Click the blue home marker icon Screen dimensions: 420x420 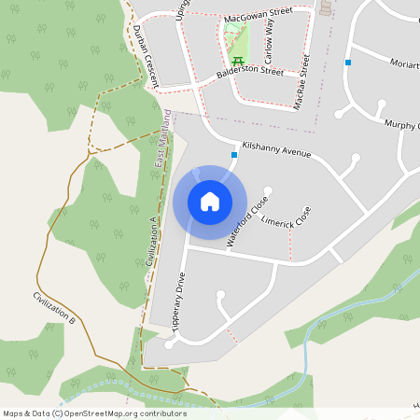point(210,202)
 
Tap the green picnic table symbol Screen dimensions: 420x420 point(237,63)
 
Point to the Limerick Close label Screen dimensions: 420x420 point(287,222)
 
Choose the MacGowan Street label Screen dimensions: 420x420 point(258,15)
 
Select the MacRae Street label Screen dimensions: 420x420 point(301,81)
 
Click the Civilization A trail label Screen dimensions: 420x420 point(149,242)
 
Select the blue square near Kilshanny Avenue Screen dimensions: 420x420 point(233,155)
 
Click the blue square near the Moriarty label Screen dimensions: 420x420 point(347,63)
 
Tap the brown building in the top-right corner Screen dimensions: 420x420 point(326,7)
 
